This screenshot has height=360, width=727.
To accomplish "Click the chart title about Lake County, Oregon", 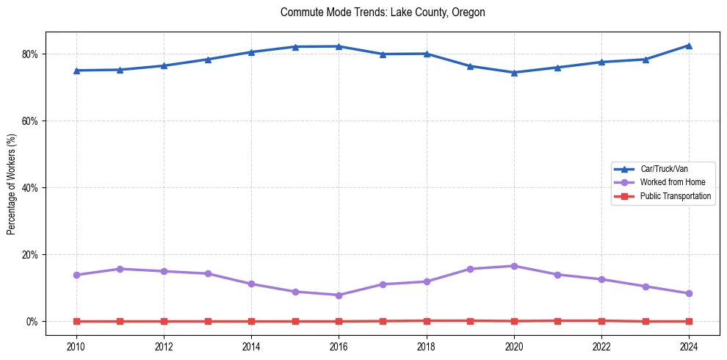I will click(383, 12).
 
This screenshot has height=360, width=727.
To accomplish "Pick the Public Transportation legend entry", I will click(675, 196).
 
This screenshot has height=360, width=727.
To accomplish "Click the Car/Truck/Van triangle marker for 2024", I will click(689, 46).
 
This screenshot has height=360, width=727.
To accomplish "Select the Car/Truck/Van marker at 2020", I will click(514, 73).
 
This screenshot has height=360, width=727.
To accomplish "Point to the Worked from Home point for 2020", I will click(514, 266).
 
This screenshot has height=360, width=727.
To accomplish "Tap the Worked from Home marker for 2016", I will click(339, 295).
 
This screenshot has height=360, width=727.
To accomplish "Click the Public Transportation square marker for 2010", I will click(76, 321).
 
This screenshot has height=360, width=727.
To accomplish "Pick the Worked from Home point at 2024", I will click(689, 293).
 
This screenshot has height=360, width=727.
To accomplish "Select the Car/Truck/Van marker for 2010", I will click(76, 71).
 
